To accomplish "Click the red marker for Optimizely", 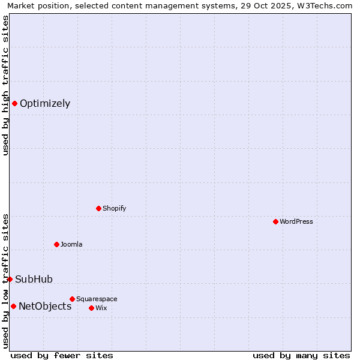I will [14, 103].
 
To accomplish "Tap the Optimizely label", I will [45, 103].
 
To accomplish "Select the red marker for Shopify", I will [98, 208].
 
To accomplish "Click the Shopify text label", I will [114, 208].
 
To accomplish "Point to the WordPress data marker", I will [275, 221].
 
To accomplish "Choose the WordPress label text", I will [296, 221].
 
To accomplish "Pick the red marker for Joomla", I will [56, 244].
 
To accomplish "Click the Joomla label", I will [71, 244].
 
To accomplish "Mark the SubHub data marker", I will [10, 279].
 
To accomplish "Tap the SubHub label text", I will [34, 279].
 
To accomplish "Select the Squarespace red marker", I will [72, 299].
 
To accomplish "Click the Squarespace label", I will [97, 299].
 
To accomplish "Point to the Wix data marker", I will [91, 308].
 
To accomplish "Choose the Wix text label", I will [101, 308].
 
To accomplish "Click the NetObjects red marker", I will [13, 306].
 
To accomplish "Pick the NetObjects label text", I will [45, 306].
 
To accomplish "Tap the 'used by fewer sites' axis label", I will [62, 355].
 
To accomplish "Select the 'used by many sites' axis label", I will [301, 355].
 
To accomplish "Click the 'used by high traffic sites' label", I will [6, 85].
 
